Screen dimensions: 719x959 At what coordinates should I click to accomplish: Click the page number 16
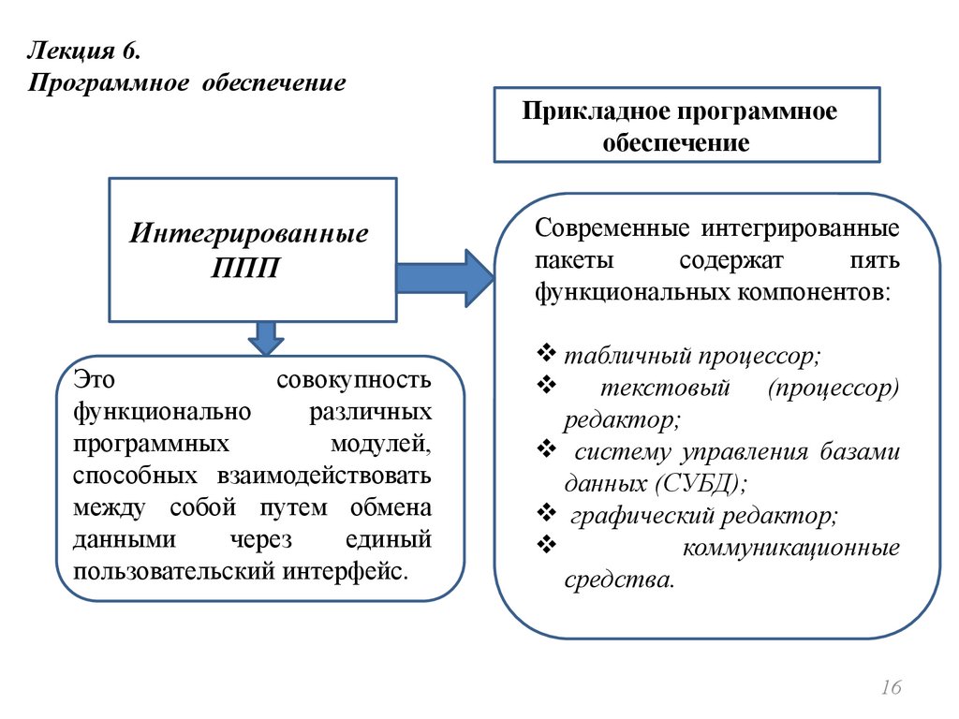click(891, 689)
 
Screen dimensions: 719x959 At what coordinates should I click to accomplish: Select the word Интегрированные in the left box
click(248, 231)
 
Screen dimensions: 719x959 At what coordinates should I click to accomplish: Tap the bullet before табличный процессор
click(547, 354)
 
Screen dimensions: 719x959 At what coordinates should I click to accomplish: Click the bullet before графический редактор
click(547, 512)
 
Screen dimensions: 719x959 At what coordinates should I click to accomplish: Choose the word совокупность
click(354, 382)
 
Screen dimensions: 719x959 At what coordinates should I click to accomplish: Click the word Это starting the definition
click(94, 382)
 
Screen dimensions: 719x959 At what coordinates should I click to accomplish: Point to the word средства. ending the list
click(618, 580)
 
